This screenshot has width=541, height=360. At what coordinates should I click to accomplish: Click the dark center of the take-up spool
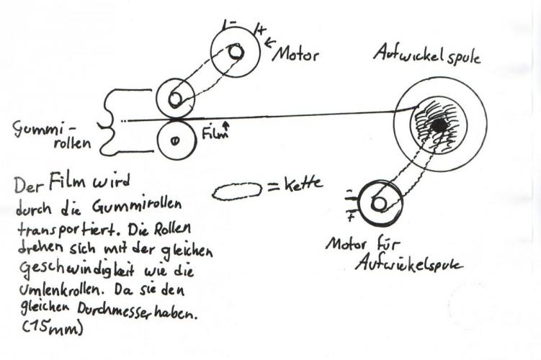(x=438, y=125)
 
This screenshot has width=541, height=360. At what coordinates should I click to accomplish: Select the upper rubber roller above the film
(x=175, y=98)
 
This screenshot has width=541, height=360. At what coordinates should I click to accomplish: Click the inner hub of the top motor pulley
(x=235, y=52)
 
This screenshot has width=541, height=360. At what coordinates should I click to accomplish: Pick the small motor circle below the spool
(x=378, y=204)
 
